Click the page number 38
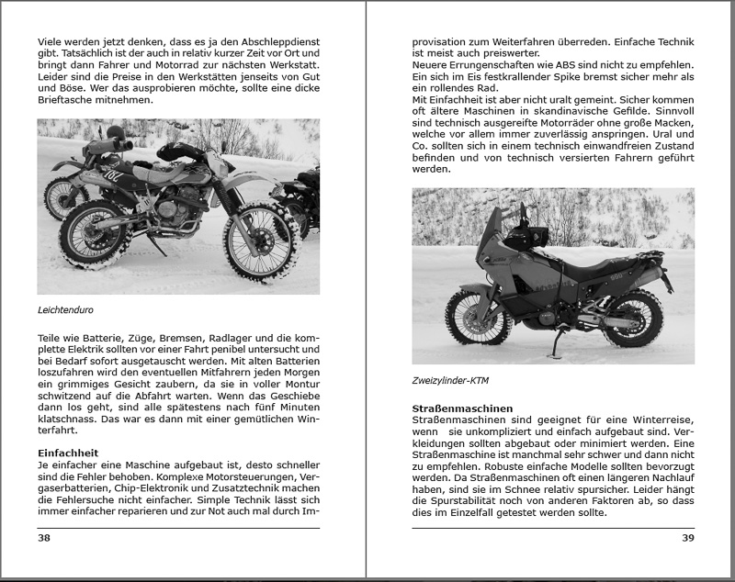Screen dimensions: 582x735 43,538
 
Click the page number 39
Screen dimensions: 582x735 687,538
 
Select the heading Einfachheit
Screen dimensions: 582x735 68,453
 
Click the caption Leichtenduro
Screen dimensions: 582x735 65,310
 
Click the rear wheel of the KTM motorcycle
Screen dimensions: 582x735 633,317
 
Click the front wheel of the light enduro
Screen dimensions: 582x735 259,241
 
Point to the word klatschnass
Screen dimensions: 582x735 71,418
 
